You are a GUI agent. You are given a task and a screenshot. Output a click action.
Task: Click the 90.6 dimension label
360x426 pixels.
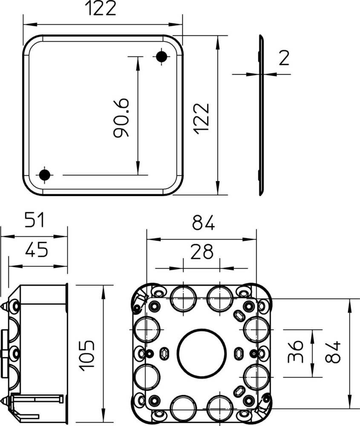(121, 118)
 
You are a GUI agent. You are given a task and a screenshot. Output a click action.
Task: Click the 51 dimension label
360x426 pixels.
(34, 220)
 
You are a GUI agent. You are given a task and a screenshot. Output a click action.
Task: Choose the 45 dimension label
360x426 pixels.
(36, 249)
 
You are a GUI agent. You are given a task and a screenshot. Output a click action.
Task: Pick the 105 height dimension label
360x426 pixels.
(86, 355)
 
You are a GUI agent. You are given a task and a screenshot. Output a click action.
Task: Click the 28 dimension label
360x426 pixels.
(202, 252)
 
